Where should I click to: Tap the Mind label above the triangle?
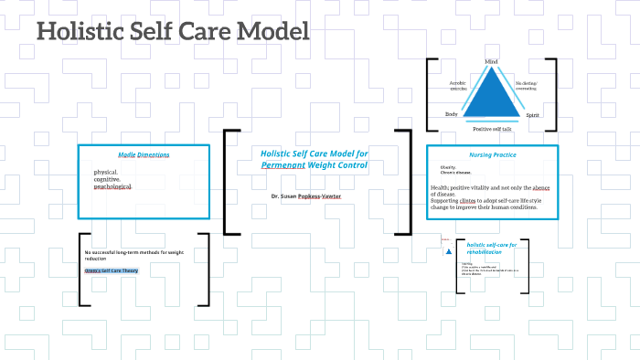491,62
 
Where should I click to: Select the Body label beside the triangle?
451,115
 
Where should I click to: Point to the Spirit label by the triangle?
533,116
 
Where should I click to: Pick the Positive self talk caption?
491,129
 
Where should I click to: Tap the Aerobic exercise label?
458,87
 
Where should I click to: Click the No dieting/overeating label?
527,87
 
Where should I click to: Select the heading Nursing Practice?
493,155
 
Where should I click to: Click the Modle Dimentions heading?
144,154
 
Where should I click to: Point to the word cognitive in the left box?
106,179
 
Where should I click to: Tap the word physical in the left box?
105,172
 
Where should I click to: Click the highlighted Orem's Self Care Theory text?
111,271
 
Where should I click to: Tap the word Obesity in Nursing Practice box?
448,167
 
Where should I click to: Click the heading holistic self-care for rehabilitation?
492,249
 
